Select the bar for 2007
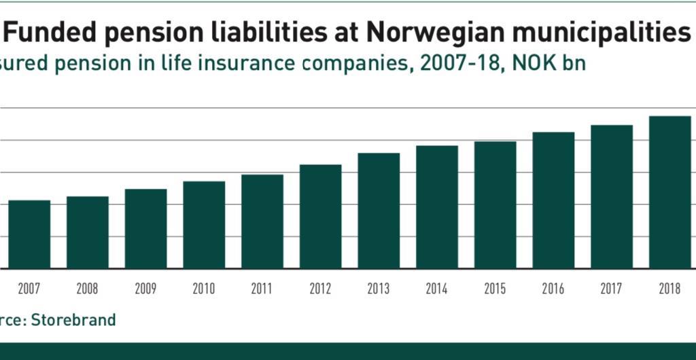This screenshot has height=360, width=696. coord(29,234)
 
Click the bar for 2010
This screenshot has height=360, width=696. coord(204,225)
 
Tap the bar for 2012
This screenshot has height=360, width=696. coord(321,217)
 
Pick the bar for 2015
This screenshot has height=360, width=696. coord(495,205)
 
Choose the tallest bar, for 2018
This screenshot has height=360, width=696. coord(670,192)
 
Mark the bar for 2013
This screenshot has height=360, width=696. coord(379,211)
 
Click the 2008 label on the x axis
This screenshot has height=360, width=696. coord(87,289)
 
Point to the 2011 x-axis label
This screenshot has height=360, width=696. coord(262,289)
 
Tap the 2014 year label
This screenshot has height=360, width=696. coord(436,289)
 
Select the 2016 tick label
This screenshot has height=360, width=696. coord(553,289)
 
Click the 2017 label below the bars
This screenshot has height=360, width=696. coord(612,289)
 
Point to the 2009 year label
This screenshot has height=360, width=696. coord(145,289)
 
